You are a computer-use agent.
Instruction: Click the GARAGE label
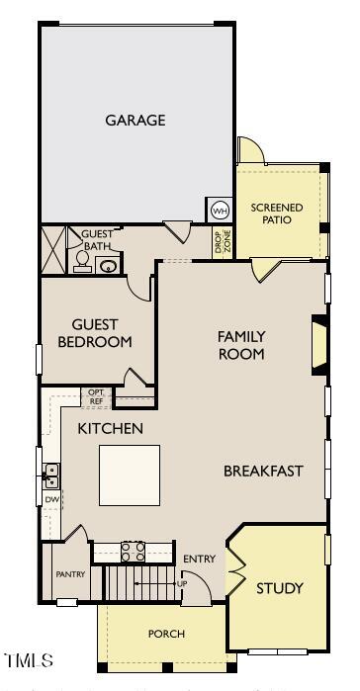[x=135, y=121]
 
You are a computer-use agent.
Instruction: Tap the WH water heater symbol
[x=220, y=211]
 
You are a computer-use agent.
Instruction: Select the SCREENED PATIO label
[x=277, y=214]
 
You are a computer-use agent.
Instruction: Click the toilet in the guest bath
[x=82, y=260]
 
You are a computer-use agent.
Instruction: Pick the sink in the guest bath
[x=109, y=263]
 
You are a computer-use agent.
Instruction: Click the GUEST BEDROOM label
[x=95, y=332]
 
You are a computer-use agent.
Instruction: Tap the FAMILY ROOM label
[x=241, y=345]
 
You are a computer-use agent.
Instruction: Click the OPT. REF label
[x=96, y=397]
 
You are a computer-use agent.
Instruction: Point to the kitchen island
[x=130, y=475]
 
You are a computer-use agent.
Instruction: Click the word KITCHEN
[x=111, y=429]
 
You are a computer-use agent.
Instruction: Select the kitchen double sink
[x=50, y=476]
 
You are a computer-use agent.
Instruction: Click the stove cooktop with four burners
[x=133, y=550]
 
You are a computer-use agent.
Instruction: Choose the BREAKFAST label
[x=262, y=471]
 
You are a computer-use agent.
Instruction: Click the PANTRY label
[x=70, y=574]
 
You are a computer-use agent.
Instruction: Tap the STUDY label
[x=280, y=588]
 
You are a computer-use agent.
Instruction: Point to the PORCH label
[x=166, y=634]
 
